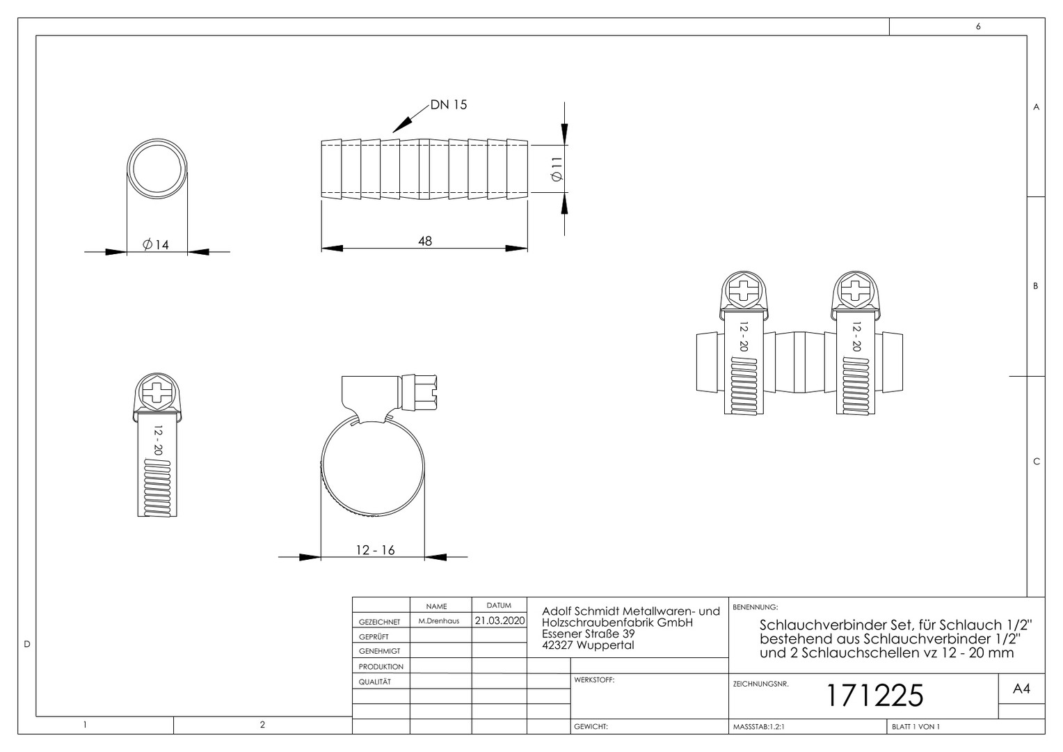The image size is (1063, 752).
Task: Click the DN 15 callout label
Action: point(449,104)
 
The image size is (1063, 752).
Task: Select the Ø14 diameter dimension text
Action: point(156,244)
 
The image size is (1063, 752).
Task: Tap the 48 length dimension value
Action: point(425,242)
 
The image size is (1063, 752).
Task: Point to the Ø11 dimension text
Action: point(557,169)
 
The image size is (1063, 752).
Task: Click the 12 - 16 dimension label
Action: point(375,550)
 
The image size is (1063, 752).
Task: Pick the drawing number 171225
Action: point(874,696)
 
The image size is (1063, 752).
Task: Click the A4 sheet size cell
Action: point(1021,689)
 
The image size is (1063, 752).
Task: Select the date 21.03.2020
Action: point(499,620)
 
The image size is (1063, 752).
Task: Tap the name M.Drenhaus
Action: point(439,621)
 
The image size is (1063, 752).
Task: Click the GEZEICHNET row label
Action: point(380,622)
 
